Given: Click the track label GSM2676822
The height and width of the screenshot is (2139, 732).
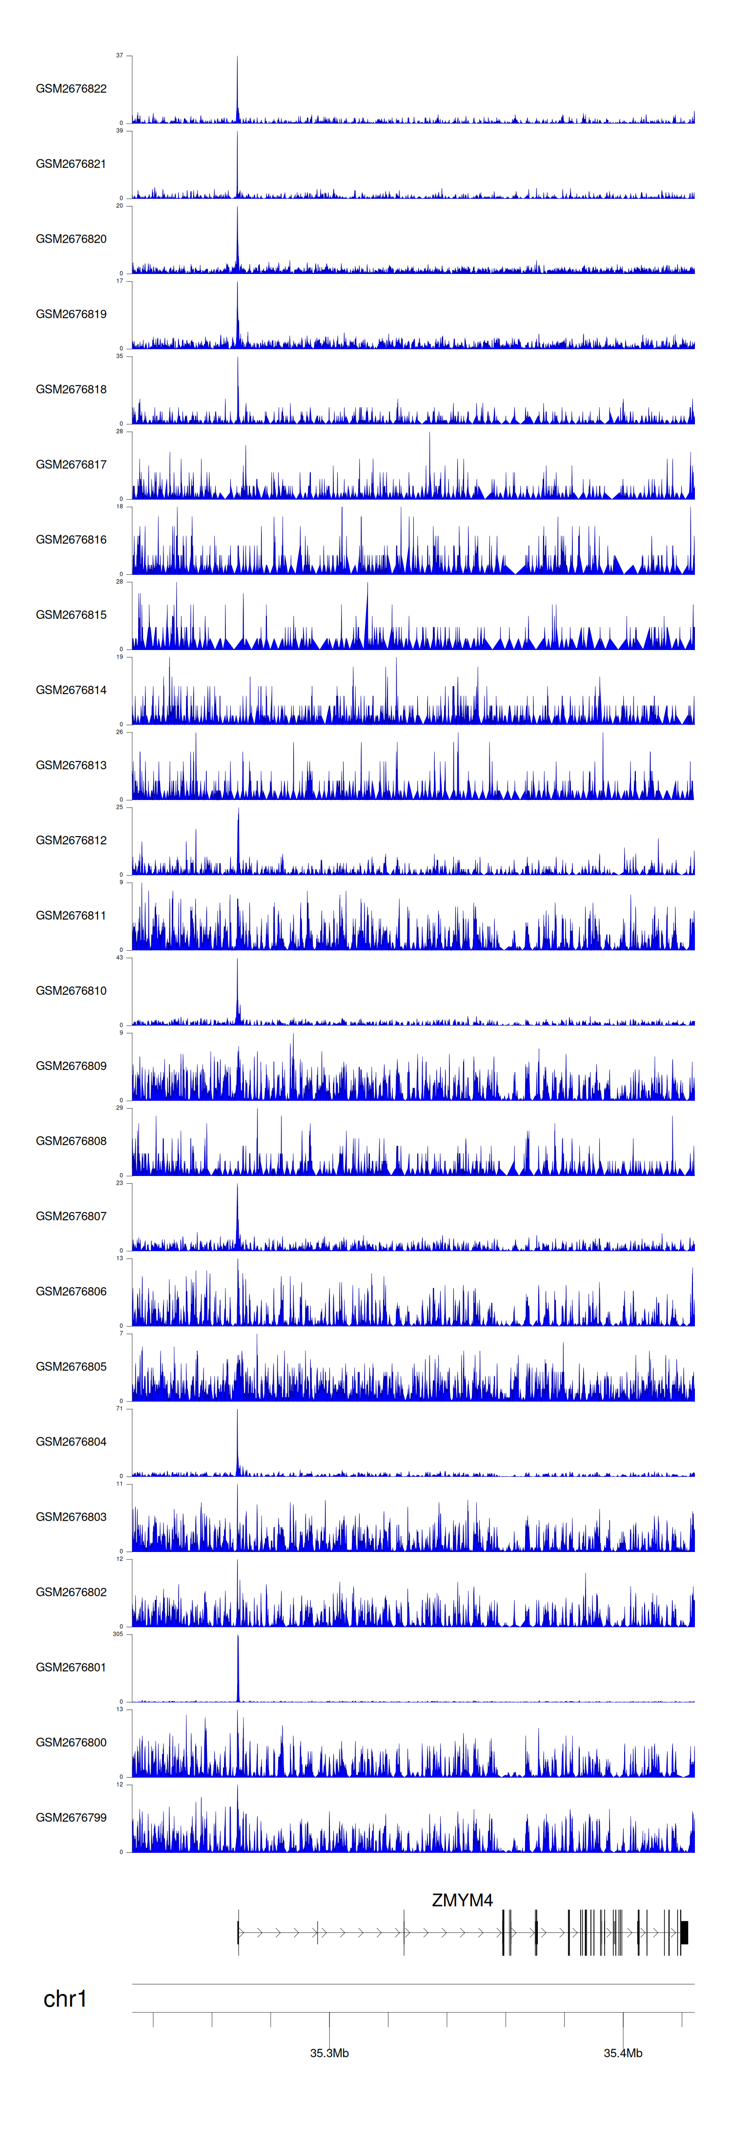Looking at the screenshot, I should tap(71, 89).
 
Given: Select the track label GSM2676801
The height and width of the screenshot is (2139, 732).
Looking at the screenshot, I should tap(71, 1667).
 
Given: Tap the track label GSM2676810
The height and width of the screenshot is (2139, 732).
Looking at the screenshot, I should tap(71, 990).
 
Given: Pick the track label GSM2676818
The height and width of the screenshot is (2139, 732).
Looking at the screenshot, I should tap(71, 389).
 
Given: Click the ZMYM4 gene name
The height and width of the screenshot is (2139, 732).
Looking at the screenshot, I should tap(462, 1900).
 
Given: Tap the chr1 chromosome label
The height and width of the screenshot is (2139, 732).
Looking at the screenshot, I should tap(65, 1999).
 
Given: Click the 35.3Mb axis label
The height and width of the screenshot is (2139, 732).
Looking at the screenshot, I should tap(329, 2053).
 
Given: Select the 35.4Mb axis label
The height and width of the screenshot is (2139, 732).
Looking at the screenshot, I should tap(623, 2053).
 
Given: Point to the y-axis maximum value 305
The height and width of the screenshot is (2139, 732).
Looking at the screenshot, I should tap(118, 1634).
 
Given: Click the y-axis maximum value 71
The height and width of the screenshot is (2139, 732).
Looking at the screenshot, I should tap(120, 1408).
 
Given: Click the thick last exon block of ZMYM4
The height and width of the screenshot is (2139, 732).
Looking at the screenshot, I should tap(685, 1932).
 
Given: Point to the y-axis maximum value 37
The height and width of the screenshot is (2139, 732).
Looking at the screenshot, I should tap(120, 56).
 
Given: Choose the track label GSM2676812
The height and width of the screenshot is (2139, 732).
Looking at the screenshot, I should tap(71, 840).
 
